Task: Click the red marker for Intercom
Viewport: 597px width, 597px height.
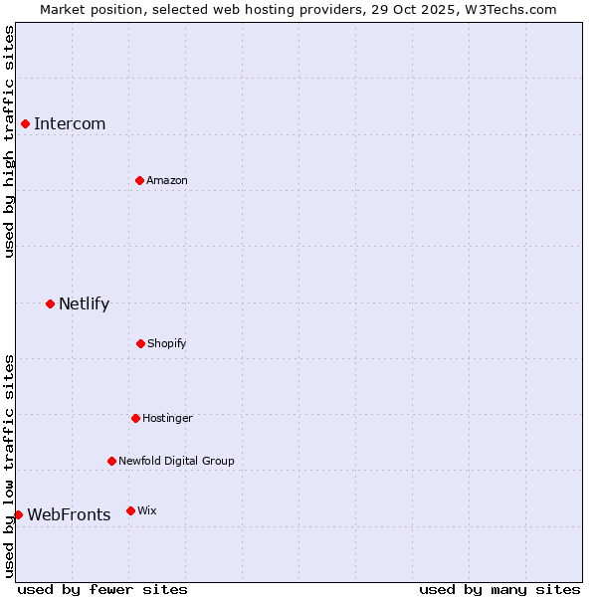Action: pyautogui.click(x=26, y=123)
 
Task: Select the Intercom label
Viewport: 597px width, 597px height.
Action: pyautogui.click(x=70, y=124)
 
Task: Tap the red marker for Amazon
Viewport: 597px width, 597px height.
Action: pyautogui.click(x=139, y=180)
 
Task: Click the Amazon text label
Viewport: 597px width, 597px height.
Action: pyautogui.click(x=167, y=180)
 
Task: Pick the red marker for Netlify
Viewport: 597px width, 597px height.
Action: pyautogui.click(x=50, y=303)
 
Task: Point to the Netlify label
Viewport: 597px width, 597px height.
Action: pyautogui.click(x=84, y=304)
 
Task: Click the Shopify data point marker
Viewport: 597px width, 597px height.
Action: pyautogui.click(x=140, y=343)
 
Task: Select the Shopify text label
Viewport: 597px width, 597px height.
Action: pyautogui.click(x=167, y=343)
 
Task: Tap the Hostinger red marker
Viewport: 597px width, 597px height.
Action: pyautogui.click(x=135, y=418)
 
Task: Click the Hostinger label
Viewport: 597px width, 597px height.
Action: pyautogui.click(x=167, y=418)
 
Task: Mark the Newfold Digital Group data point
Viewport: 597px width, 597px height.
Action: pyautogui.click(x=111, y=461)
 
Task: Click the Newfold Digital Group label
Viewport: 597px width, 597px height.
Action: pyautogui.click(x=176, y=461)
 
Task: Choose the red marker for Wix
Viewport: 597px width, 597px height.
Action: pyautogui.click(x=130, y=510)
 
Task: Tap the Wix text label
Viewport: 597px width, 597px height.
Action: pyautogui.click(x=147, y=510)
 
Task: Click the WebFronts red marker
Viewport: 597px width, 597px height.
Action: pyautogui.click(x=18, y=514)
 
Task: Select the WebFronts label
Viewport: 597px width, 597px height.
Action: pyautogui.click(x=69, y=515)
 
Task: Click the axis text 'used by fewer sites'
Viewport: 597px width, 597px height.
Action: pyautogui.click(x=102, y=589)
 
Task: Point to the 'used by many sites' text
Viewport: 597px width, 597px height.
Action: pyautogui.click(x=499, y=589)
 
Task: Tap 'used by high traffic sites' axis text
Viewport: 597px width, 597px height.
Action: pyautogui.click(x=9, y=141)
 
